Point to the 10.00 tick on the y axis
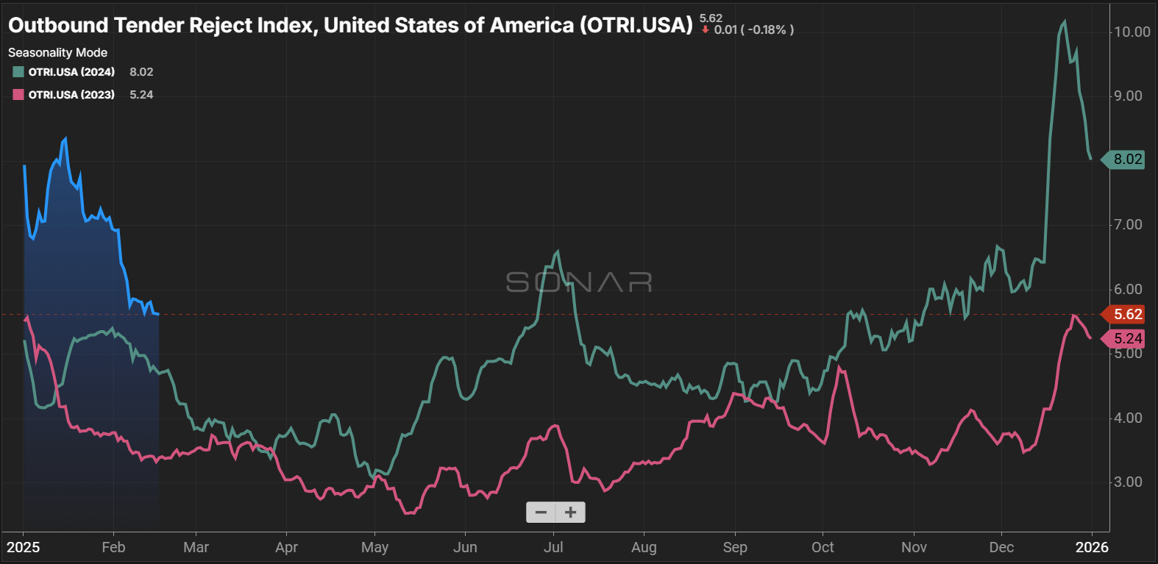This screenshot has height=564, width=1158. coord(1132,32)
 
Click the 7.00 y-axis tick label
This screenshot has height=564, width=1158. coord(1128,224)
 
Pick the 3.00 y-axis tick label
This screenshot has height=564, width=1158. coord(1128,482)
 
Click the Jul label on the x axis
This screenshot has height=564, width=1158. coord(553,547)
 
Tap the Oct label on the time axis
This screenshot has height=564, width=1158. coord(823,547)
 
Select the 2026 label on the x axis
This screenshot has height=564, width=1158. coord(1092,547)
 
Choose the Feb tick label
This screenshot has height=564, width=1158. coord(113,547)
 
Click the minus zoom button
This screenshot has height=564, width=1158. coord(541,513)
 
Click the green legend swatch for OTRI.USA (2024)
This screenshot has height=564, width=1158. coord(18,72)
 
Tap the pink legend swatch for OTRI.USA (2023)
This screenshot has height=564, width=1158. coord(18,95)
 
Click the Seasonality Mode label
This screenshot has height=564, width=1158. coord(57,53)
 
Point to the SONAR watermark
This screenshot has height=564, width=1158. coord(579,282)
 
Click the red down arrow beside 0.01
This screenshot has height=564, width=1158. coord(705,30)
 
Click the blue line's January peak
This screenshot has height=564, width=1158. coord(65,138)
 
